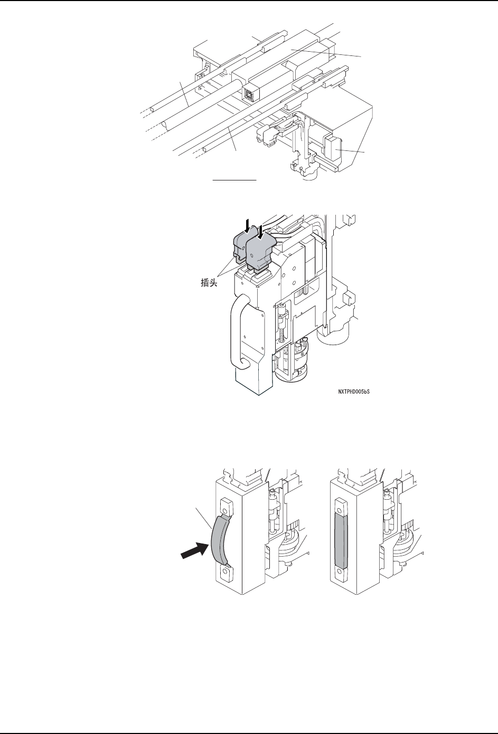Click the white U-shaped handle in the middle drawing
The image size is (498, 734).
(236, 330)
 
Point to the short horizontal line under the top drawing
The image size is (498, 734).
(234, 180)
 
